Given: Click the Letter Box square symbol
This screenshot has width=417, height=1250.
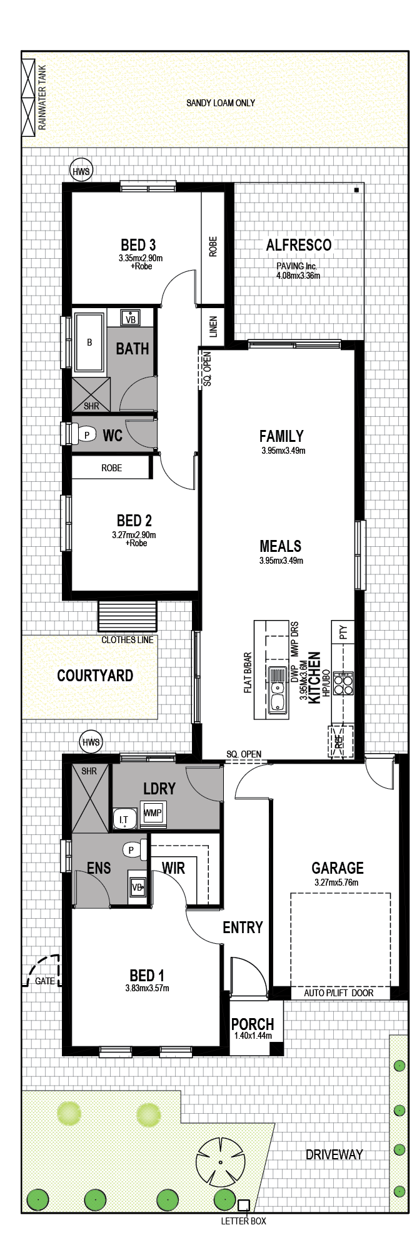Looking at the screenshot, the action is coord(243,1205).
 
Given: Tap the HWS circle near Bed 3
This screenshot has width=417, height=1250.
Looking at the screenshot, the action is coord(81,171).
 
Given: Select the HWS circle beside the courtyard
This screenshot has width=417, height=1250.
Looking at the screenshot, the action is coord(91,742).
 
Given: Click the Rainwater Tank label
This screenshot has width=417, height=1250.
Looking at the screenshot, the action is coord(43,97).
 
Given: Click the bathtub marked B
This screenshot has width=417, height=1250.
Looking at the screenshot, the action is coord(89,342).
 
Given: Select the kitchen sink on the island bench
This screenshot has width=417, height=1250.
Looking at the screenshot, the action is coord(278,690).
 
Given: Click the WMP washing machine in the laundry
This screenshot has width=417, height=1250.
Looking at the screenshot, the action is coord(153,813).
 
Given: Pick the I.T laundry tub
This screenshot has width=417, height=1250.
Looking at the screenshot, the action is coord(124,818).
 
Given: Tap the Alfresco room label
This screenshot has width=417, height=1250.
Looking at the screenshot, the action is coord(299,245).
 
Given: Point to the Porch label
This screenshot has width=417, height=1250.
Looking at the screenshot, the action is coord(253,1024).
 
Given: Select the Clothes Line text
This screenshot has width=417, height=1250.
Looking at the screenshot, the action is coord(128,639).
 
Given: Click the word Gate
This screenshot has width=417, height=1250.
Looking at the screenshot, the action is coord(45,981).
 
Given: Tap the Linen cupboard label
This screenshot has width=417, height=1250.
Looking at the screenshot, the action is coord(213,327).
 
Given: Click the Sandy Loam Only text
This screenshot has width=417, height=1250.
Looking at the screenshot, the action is coord(221,102).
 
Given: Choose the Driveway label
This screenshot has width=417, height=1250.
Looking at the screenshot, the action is coord(334,1154).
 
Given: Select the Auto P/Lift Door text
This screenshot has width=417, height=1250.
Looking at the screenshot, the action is coord(339,992).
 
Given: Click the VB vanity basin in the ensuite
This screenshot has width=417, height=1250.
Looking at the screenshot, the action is coord(138,886).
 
